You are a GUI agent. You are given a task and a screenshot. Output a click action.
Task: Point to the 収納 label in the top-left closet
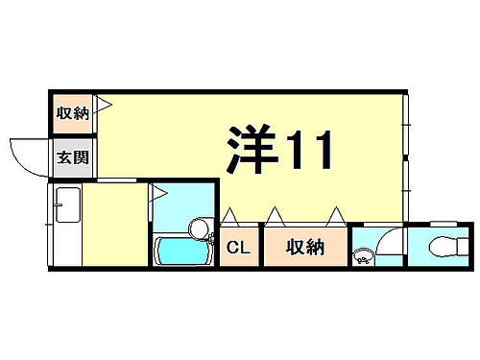[x=72, y=113]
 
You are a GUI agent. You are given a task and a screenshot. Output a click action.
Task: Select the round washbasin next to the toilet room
[x=364, y=256]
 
